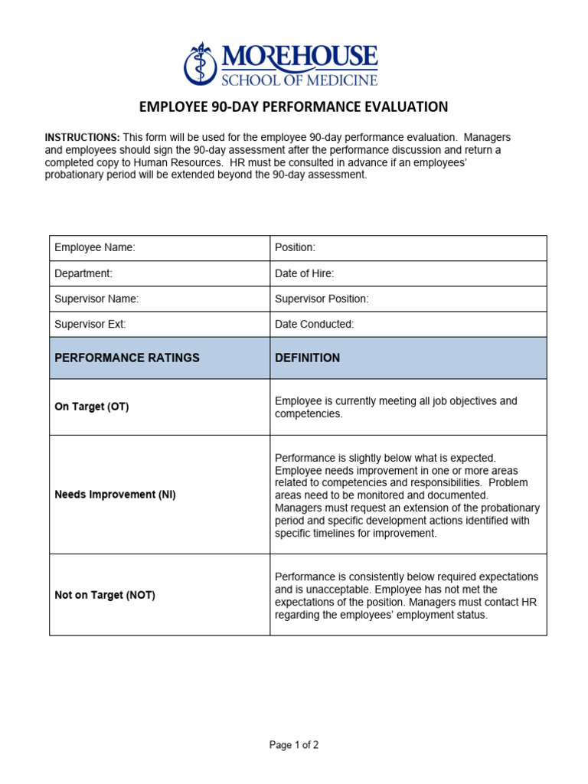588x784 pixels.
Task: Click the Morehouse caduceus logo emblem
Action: pos(201,64)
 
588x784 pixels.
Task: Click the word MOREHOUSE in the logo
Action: pos(299,56)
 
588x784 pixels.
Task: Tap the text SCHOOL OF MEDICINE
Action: pos(299,79)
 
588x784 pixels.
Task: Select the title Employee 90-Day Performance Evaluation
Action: pos(293,106)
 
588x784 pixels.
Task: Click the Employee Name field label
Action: pos(95,248)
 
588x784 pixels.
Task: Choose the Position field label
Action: pos(295,248)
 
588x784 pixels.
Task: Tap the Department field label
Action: pos(83,273)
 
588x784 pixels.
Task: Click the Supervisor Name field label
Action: pos(96,299)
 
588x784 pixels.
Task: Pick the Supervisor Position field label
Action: pos(322,299)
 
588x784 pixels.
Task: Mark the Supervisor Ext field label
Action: pos(90,324)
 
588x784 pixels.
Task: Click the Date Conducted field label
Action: pos(314,324)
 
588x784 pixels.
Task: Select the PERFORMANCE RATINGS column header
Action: pos(126,358)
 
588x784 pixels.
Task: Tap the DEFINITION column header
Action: pos(307,358)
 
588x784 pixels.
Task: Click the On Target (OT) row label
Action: pos(91,407)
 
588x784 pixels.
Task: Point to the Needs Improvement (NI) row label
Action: pos(115,495)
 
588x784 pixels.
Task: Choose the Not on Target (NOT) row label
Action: pos(104,595)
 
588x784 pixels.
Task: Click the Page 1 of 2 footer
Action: pos(294,745)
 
